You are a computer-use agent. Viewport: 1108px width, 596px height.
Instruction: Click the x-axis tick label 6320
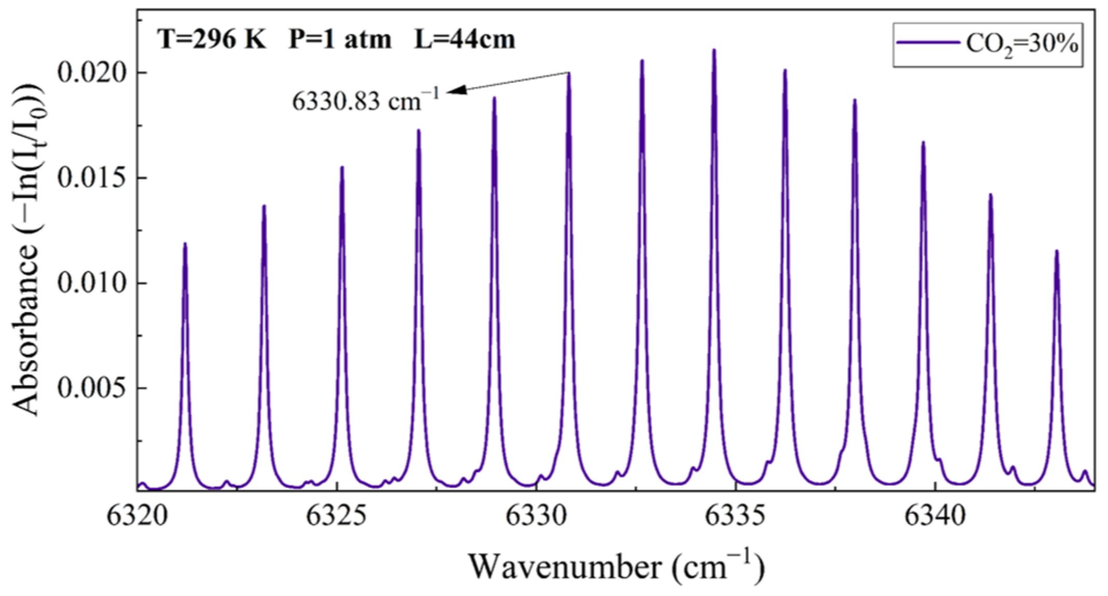point(138,517)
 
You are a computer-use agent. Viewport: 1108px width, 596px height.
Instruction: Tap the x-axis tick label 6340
point(935,517)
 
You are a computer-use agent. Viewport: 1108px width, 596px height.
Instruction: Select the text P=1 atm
point(340,39)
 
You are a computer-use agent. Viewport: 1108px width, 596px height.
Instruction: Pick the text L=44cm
point(464,39)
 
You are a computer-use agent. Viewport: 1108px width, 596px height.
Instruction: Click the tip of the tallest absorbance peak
point(714,50)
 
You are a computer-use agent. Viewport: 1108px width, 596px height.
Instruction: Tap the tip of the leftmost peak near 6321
point(185,243)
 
